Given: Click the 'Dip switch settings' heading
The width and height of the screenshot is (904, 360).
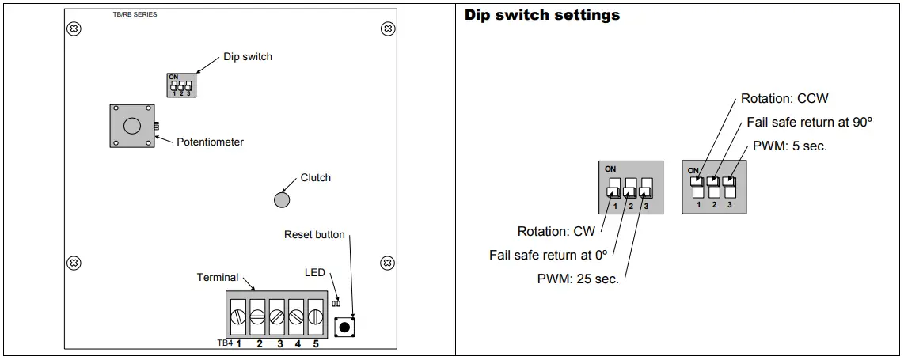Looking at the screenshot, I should coord(541,15).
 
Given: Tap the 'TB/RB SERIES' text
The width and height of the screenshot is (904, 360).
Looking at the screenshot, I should coord(134,14).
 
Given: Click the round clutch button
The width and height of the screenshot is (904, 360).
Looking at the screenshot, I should coord(282,200).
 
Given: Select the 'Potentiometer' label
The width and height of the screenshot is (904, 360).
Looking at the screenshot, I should coord(210,142).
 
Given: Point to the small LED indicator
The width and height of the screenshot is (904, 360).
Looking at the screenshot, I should coord(336,303).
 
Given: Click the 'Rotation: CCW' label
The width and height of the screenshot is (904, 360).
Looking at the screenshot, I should coord(784,99).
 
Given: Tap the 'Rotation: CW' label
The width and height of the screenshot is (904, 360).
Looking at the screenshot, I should coord(556,232).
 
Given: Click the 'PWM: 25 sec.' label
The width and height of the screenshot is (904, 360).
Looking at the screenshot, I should coord(577,279).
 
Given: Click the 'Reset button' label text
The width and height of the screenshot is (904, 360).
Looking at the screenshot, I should coord(314,235).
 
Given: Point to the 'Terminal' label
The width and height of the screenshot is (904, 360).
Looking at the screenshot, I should coord(218,278).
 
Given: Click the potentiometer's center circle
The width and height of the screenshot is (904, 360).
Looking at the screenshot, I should coord(132,126).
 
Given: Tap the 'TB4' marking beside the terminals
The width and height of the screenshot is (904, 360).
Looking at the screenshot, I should coord(225,344).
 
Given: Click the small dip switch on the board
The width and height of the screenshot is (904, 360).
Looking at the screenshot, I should coord(180,85).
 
